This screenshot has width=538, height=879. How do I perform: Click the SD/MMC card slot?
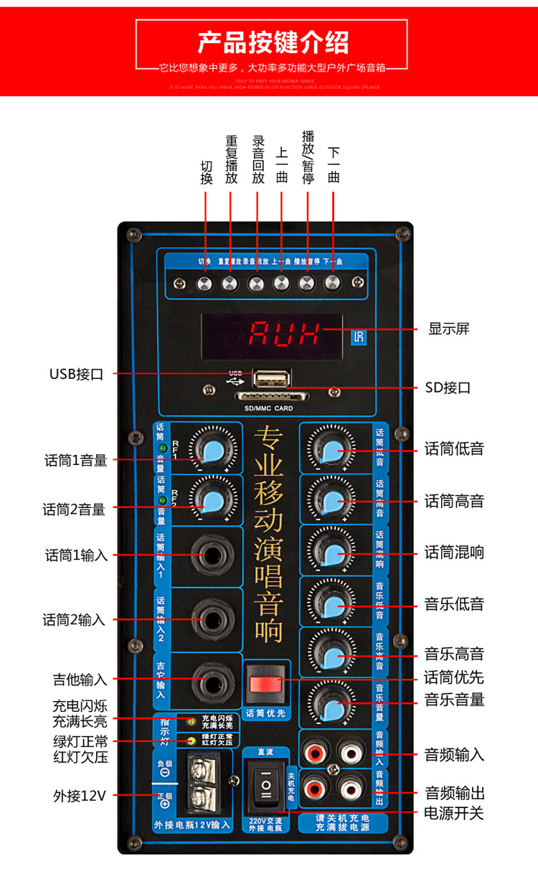pos(272,395)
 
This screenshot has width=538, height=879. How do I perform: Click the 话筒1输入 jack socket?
pos(212,555)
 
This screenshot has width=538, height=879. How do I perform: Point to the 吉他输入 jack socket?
pos(212,679)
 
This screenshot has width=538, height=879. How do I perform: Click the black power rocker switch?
pos(266,788)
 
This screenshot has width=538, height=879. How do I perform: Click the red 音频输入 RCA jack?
pos(315,753)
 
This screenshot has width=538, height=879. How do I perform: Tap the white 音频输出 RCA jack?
pos(350,789)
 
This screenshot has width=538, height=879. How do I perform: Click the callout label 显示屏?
pos(449,329)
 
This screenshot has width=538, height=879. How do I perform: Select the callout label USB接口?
pos(76,374)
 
